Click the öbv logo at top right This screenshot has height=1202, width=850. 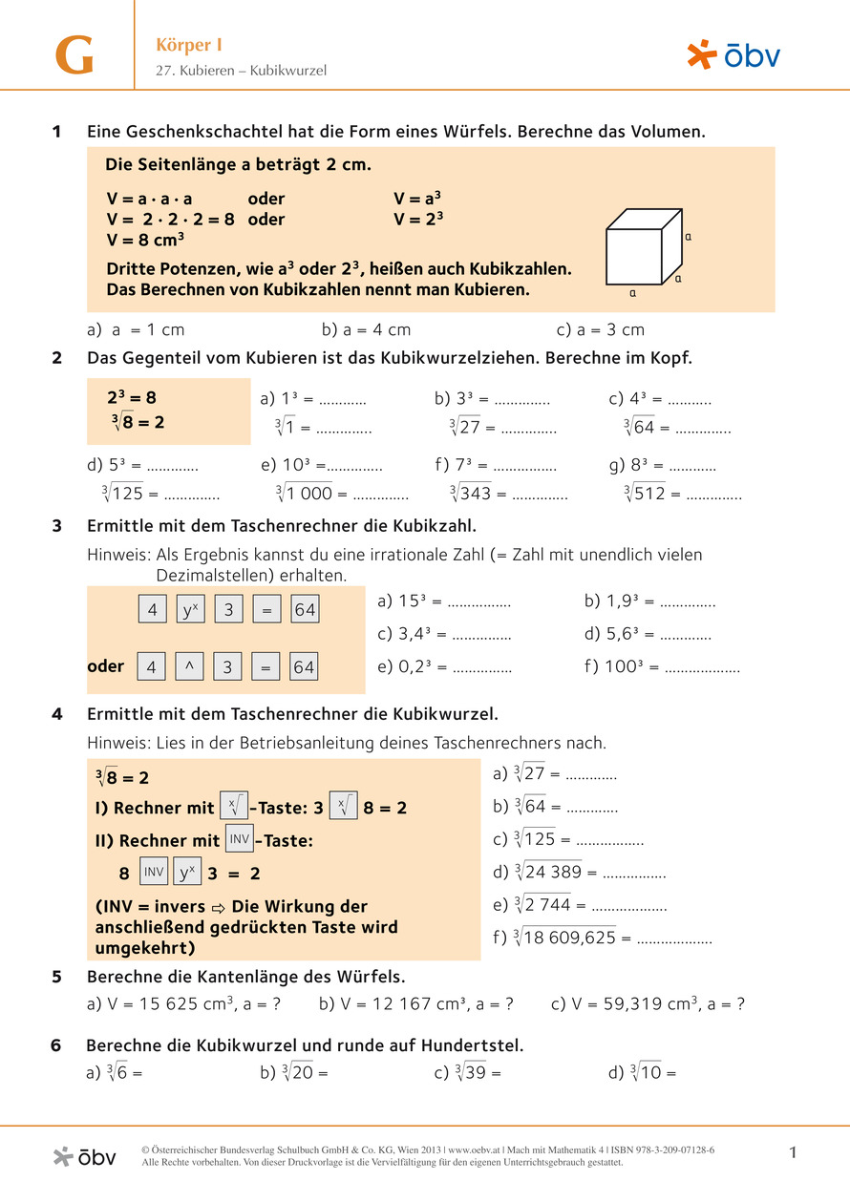[x=733, y=54]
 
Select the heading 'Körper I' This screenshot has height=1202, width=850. [x=189, y=45]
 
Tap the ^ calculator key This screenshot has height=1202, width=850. [x=190, y=667]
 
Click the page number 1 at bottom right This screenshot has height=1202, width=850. [x=793, y=1153]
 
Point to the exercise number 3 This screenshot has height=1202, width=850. [x=57, y=526]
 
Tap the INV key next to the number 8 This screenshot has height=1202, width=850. [x=154, y=873]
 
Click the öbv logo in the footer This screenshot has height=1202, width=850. [x=84, y=1156]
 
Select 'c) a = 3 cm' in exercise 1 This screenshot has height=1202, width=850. [x=600, y=329]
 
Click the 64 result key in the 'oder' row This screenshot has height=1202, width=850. [x=304, y=667]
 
